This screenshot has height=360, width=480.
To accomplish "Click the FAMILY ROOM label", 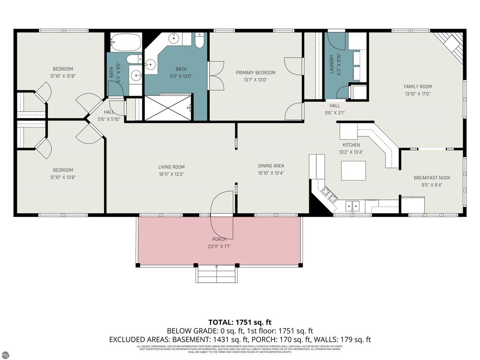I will [x=418, y=86].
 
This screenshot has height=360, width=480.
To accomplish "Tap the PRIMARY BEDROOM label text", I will [x=255, y=73].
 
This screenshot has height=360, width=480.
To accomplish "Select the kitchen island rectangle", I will [x=353, y=171].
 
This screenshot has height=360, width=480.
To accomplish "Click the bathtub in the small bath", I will [x=126, y=44].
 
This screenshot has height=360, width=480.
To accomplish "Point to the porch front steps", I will [x=216, y=275].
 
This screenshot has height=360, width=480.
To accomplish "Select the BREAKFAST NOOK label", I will [x=432, y=178].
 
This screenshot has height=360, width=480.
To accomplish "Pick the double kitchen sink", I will [x=352, y=205].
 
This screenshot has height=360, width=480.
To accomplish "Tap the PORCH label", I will [x=219, y=239].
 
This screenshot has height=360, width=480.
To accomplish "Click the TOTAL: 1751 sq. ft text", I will [x=240, y=322].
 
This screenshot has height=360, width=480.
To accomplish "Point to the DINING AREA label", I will [x=271, y=166].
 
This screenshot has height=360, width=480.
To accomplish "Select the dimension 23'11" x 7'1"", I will [x=219, y=246].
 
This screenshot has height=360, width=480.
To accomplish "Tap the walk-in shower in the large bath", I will [x=168, y=108].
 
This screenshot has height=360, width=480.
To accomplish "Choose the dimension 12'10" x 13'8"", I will [x=63, y=177].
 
